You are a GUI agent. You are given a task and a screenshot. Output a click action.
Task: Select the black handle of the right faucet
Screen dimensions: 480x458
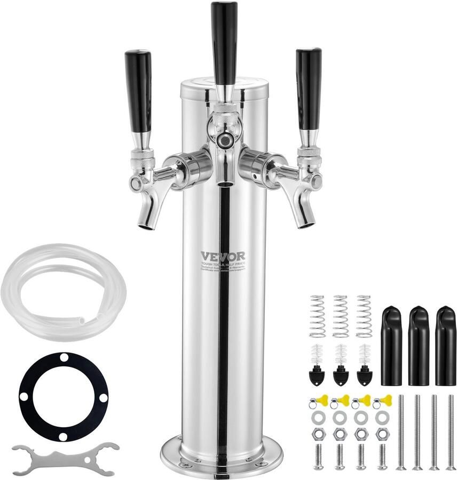[309, 88]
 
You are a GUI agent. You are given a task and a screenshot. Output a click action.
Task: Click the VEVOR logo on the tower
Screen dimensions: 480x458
[223, 257]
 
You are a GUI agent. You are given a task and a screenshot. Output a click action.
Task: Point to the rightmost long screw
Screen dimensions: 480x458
[451, 432]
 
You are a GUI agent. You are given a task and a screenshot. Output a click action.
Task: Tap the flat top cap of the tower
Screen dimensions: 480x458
[224, 85]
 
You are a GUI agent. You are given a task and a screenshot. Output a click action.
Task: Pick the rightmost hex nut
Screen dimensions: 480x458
[382, 434]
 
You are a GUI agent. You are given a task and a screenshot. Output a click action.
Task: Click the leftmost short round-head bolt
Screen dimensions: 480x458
[318, 457]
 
